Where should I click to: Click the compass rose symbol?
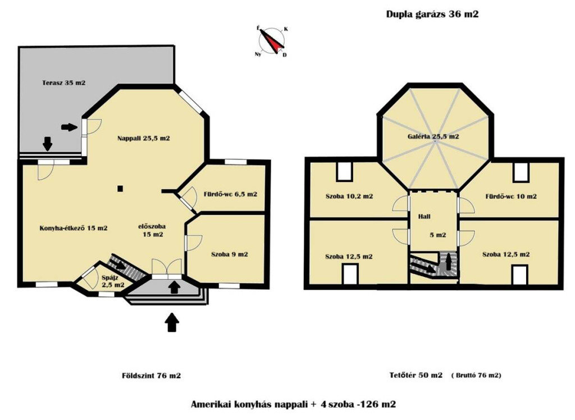tap(272, 41)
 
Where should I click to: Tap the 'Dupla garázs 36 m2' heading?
tap(432, 14)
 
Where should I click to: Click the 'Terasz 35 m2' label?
tap(64, 83)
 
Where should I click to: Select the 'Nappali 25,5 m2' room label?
tap(144, 138)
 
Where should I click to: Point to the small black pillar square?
tap(120, 189)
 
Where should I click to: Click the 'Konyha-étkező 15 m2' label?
tap(74, 228)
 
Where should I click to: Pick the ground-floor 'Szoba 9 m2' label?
tap(230, 254)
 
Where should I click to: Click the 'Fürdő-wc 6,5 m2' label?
tap(230, 194)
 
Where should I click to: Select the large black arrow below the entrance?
tap(172, 322)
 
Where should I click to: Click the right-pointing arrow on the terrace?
tap(69, 127)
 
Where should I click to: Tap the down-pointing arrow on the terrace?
tap(48, 144)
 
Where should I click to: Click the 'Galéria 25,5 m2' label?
tap(433, 136)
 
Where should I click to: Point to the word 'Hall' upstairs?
tap(425, 216)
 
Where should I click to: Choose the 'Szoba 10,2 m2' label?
tap(349, 197)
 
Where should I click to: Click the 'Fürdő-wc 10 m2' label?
tap(511, 197)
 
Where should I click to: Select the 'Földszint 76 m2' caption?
tap(152, 376)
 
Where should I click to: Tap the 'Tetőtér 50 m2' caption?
tap(416, 375)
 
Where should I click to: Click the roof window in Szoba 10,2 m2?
tap(344, 171)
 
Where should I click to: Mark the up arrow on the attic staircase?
tap(449, 263)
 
